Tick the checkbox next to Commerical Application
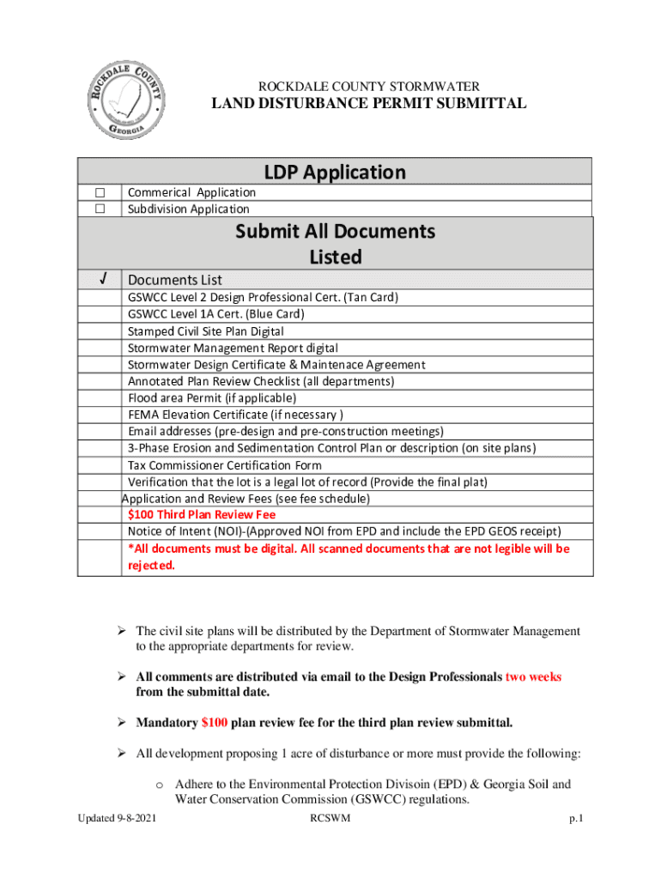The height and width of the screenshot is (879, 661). point(100,192)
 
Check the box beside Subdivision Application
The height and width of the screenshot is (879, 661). point(100,209)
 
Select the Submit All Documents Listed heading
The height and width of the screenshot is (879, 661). point(335,244)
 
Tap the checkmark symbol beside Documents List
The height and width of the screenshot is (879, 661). point(101,279)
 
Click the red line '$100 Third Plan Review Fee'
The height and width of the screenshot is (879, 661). point(202,515)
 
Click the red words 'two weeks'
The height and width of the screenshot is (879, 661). point(533,676)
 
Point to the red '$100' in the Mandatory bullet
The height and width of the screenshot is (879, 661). point(214,722)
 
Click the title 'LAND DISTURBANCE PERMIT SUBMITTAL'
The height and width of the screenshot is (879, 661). point(369,104)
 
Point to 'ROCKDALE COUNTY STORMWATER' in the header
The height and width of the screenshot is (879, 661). point(369,86)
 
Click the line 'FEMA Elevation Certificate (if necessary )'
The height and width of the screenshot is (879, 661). point(236,415)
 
